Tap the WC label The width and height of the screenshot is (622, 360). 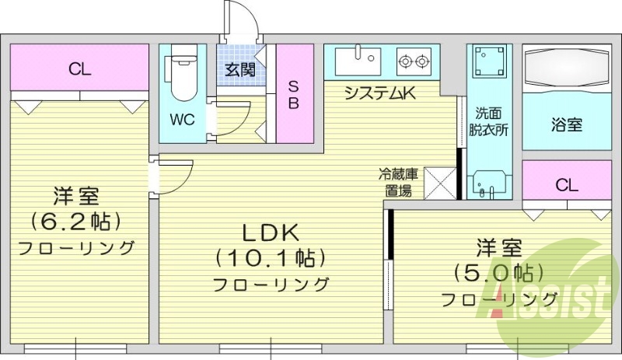(183, 121)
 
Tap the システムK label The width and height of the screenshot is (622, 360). (381, 94)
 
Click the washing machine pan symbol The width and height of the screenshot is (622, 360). (489, 60)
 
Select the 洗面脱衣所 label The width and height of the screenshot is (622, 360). (488, 121)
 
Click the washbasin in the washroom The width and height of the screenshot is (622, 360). (489, 183)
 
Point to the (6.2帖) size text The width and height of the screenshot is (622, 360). (76, 222)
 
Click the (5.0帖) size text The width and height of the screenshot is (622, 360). (498, 273)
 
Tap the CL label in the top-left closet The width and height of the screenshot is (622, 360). (79, 68)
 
